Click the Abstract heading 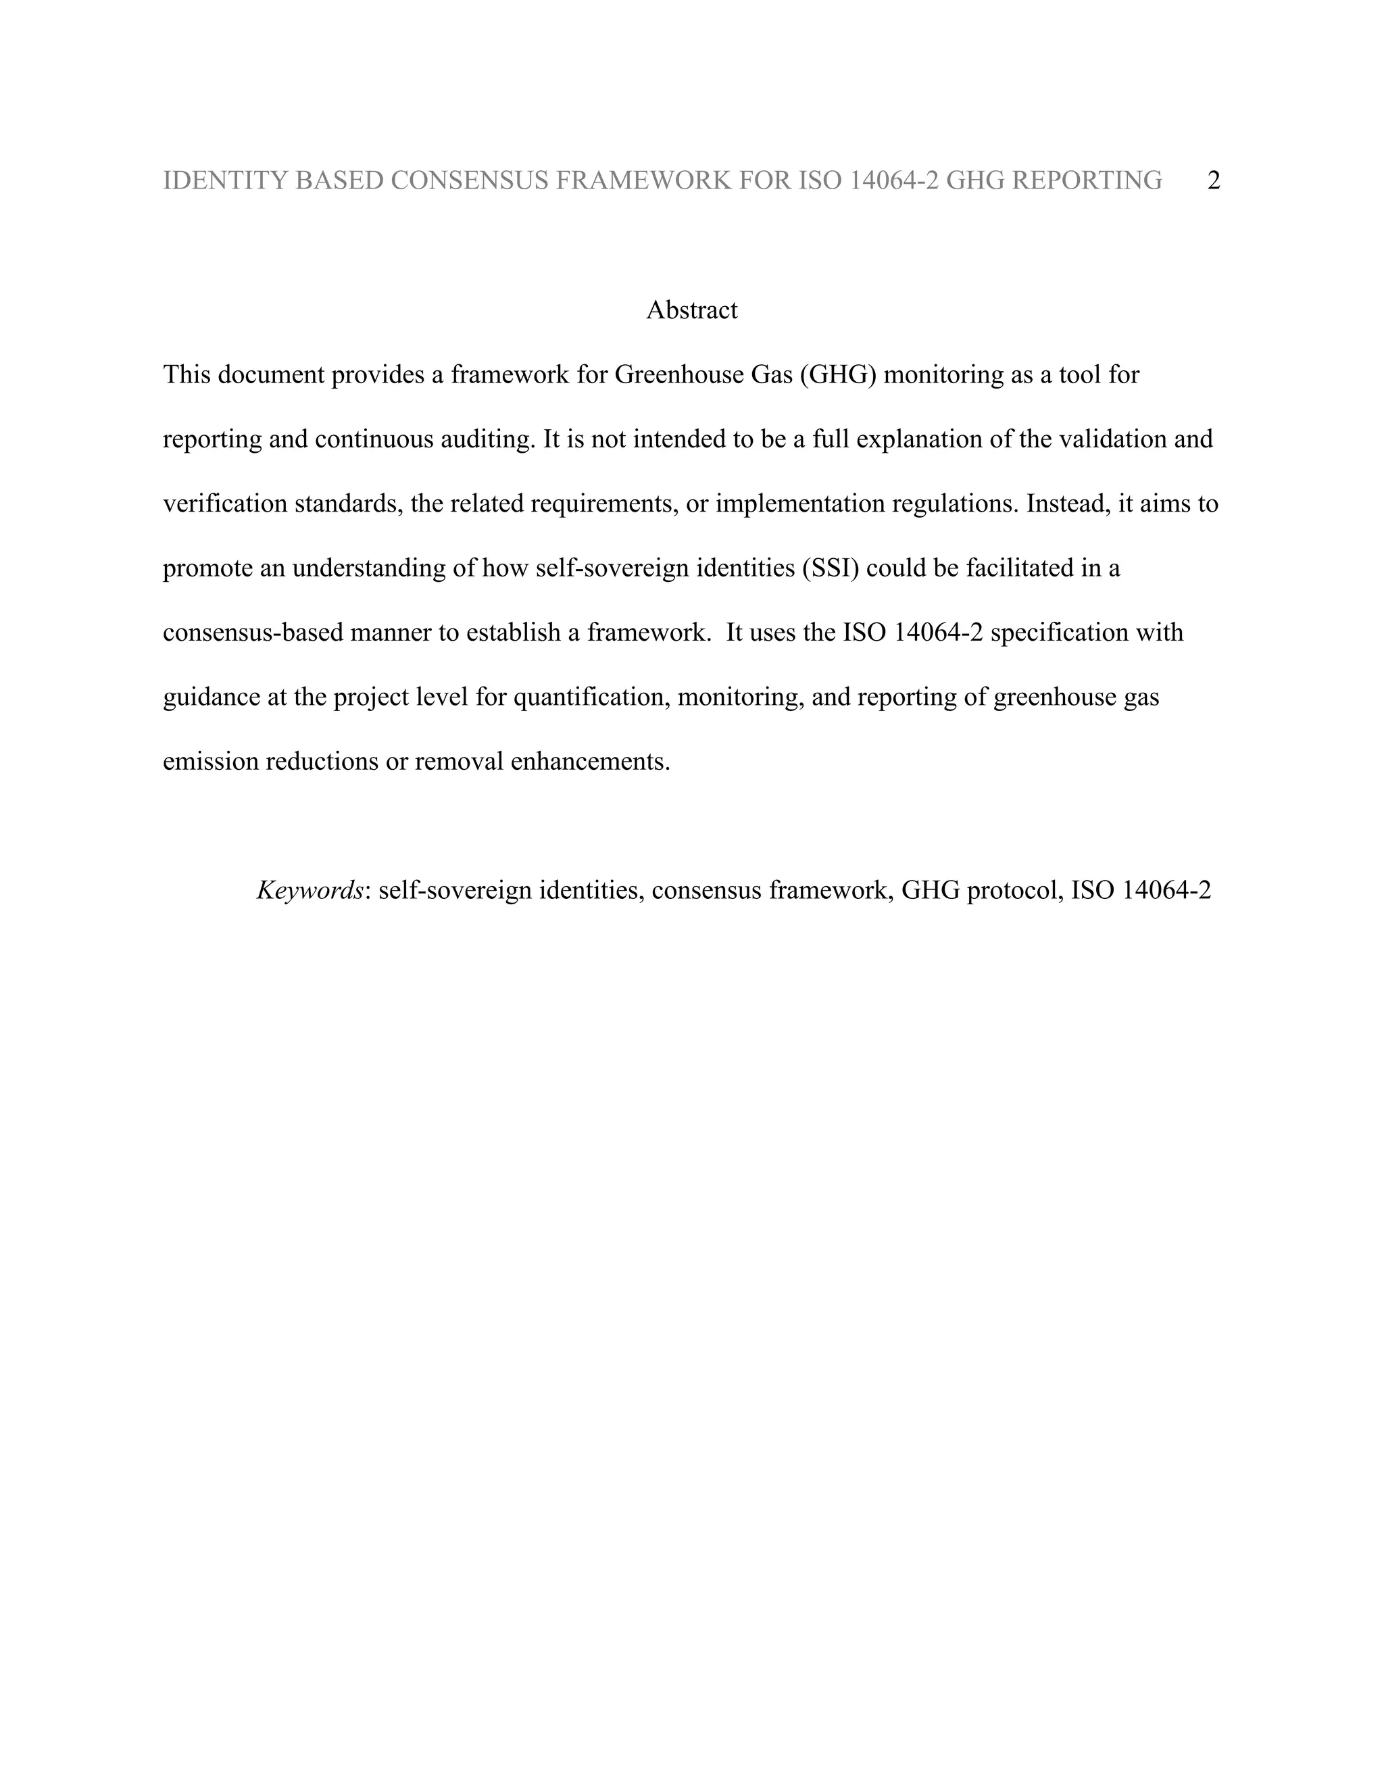[691, 310]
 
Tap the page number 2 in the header [1214, 180]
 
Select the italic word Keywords [310, 891]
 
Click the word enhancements [591, 762]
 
